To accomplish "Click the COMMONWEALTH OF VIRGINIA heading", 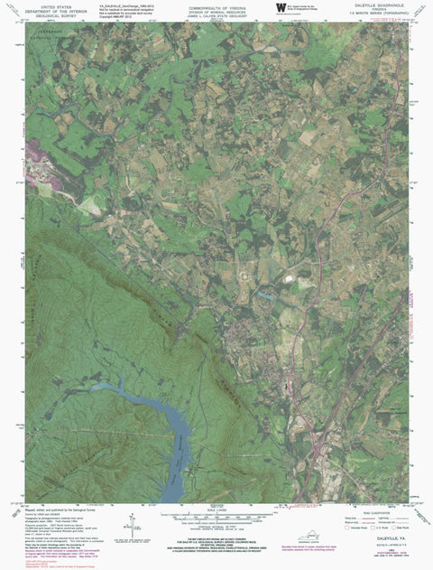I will click(216, 5).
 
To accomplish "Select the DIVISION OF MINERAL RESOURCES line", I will click(216, 9).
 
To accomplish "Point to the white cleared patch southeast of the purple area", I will click(88, 206).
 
